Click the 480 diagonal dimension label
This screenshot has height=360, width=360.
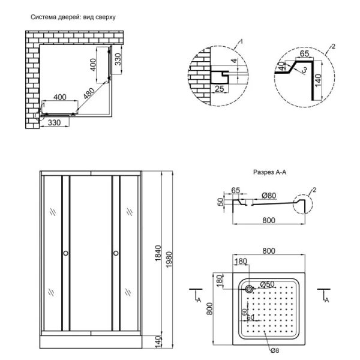pos(89,94)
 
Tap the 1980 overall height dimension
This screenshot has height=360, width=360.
pos(169,259)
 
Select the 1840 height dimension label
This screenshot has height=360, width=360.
pos(158,253)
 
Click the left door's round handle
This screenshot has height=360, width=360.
pos(65,253)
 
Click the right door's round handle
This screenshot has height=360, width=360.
pos(116,253)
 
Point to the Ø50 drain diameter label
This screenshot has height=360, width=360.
pos(267,284)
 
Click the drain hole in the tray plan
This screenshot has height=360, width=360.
pos(249,289)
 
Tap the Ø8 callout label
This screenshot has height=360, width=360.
pos(275,350)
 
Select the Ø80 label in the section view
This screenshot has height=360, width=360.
pos(269,196)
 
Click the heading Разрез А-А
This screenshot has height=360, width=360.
pos(270,172)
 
